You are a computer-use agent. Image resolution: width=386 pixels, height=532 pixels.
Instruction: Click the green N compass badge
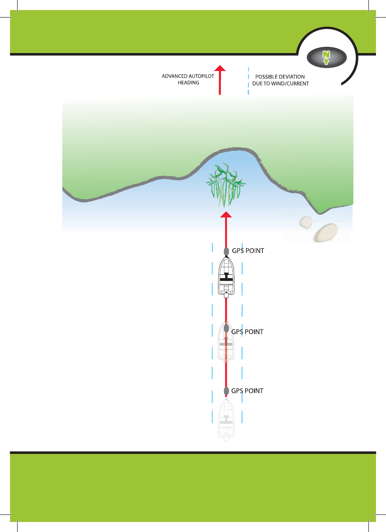tap(326, 57)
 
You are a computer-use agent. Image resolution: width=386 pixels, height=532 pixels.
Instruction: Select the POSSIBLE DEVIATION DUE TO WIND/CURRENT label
tap(280, 80)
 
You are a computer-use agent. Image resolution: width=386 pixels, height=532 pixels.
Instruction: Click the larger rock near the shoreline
tap(326, 232)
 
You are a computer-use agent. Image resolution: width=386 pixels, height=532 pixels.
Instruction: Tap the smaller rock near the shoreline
tap(306, 222)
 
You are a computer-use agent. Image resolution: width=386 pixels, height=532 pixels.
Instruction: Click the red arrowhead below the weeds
tap(226, 215)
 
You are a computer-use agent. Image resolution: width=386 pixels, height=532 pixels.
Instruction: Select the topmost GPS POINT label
tap(248, 251)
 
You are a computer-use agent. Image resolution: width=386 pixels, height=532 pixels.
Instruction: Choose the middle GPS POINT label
tap(247, 332)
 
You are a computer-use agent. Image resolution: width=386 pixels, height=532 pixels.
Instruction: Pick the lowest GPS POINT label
tap(247, 391)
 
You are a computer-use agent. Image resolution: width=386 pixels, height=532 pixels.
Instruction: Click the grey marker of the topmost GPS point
tap(226, 251)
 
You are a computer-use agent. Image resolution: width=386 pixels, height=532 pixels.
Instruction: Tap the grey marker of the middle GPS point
tap(226, 328)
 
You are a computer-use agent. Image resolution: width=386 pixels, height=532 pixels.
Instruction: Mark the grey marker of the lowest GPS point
tap(226, 391)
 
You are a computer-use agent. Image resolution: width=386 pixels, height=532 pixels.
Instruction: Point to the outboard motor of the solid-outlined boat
tap(226, 296)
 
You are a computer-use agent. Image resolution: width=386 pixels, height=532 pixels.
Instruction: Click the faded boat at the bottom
tap(226, 420)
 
